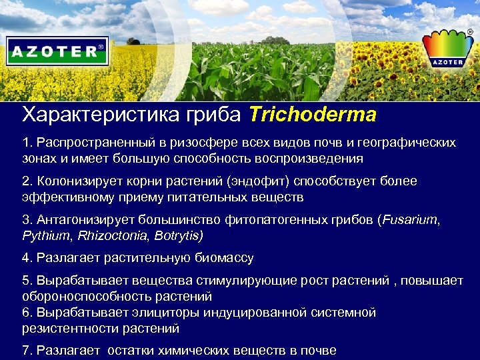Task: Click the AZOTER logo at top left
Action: point(57,51)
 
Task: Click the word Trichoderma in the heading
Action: point(313,115)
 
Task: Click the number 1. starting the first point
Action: point(27,143)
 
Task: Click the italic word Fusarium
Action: point(409,220)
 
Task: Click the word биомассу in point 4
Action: point(222,258)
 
